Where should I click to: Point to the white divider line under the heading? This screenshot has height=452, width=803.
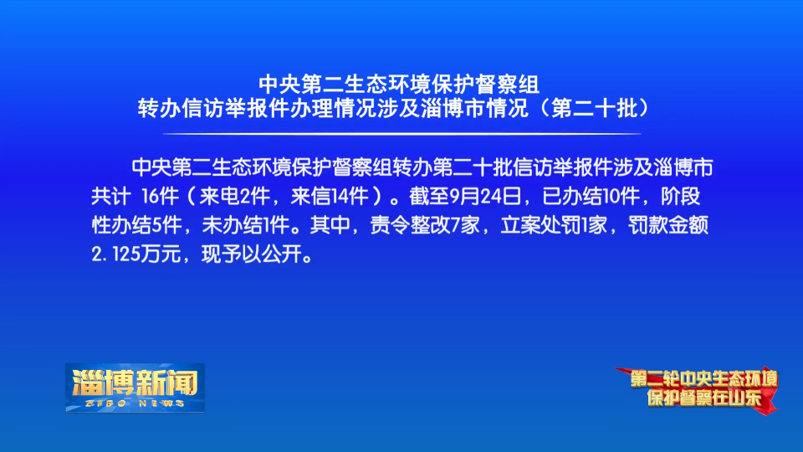tap(401, 134)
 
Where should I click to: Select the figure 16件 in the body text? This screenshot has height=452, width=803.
tap(159, 196)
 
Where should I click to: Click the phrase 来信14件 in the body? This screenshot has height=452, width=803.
tap(330, 196)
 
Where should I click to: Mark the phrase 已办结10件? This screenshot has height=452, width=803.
tap(591, 196)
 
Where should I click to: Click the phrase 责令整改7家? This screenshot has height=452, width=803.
tap(425, 225)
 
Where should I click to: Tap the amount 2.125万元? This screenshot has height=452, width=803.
tap(136, 254)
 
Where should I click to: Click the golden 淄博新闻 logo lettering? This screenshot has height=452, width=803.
tap(136, 383)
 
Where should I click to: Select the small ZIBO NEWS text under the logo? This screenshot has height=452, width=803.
tap(136, 403)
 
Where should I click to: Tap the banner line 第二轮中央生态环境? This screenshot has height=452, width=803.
tap(703, 379)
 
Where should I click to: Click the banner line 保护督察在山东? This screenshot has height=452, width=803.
tap(704, 398)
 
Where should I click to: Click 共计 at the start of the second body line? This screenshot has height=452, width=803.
tap(110, 196)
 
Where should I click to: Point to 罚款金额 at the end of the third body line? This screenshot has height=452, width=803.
tap(668, 225)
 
